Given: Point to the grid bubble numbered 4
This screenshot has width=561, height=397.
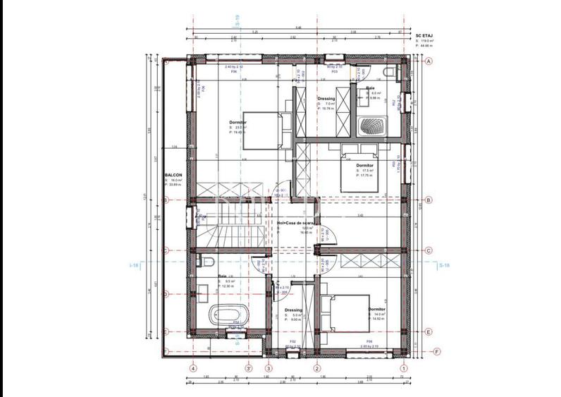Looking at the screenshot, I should (192, 367).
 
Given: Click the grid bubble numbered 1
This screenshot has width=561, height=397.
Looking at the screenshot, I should (404, 367).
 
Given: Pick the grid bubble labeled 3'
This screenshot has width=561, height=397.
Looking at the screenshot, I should (248, 367).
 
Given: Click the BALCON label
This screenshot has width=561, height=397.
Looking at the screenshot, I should (173, 175).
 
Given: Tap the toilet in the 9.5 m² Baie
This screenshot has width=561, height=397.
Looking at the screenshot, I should (206, 262).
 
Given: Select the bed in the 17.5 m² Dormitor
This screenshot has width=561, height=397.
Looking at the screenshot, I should (357, 170).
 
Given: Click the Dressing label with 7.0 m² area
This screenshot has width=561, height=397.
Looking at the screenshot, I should (326, 99).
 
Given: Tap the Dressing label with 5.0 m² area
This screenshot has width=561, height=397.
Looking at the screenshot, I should (293, 310).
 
